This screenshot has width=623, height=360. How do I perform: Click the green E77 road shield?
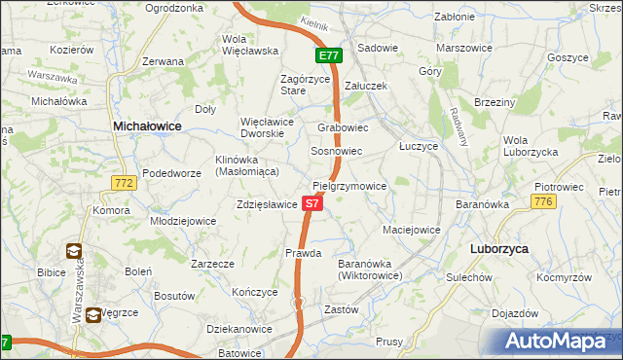[x=328, y=56]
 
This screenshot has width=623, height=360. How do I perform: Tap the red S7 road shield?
[x=311, y=204]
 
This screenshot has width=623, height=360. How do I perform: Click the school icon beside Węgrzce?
[x=92, y=314]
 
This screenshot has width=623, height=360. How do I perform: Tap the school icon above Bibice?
[x=73, y=250]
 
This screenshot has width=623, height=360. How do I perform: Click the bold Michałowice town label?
[x=147, y=126]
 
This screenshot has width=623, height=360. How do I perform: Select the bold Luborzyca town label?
[x=498, y=249]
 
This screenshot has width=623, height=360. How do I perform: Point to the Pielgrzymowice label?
[x=349, y=186]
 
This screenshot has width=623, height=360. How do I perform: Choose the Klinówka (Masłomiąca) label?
[x=247, y=165]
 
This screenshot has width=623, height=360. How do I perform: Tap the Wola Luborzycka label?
[x=530, y=146]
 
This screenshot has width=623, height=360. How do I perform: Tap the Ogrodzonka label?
[x=173, y=8]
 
